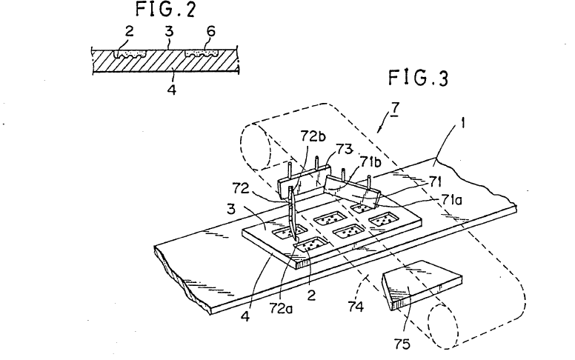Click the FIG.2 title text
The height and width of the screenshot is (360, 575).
(x=166, y=9)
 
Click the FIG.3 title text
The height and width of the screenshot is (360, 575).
(x=419, y=78)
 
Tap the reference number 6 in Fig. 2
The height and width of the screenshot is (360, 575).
(x=210, y=32)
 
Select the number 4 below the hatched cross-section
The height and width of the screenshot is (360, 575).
(x=172, y=89)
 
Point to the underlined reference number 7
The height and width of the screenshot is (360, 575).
(x=395, y=109)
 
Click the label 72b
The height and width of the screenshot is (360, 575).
(x=313, y=136)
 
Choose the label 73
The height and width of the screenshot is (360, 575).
(x=344, y=150)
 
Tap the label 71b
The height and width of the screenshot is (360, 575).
(x=371, y=162)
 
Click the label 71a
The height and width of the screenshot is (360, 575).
(x=451, y=199)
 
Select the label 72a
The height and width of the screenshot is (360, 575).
(x=282, y=309)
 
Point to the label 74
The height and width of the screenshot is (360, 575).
(x=356, y=306)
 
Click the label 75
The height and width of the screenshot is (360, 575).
(x=402, y=344)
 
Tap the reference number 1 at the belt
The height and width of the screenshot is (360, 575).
(x=463, y=124)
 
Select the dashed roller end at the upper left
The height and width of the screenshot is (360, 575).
(x=255, y=147)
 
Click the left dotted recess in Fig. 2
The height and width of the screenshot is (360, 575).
(x=130, y=54)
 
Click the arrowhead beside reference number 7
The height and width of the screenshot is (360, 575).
(x=379, y=129)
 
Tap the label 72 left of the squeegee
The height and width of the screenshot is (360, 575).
(x=241, y=188)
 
